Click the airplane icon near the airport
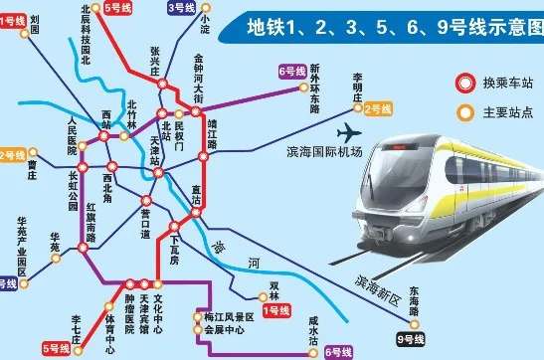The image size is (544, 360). click(350, 131)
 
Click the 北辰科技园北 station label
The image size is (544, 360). click(86, 36)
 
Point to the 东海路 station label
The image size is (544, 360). click(413, 298)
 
